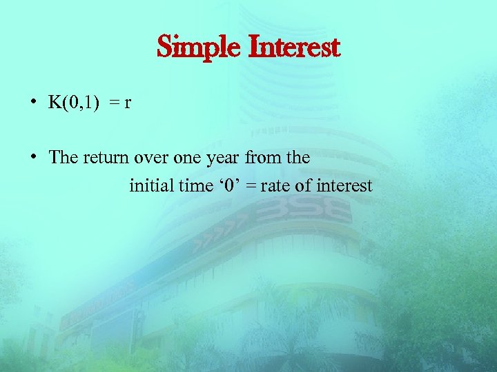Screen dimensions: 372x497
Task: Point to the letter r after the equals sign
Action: coord(128,102)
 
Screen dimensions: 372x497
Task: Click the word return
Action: coord(108,157)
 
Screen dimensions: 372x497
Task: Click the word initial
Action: coord(150,185)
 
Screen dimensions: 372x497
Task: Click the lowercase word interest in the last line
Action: coord(344,185)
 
